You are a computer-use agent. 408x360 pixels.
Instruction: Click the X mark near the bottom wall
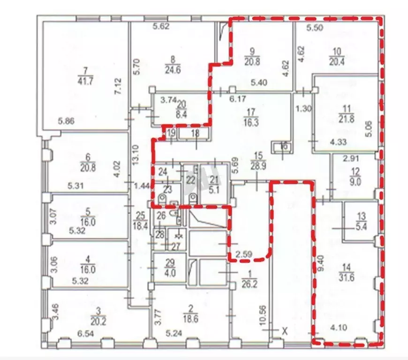click(x=284, y=331)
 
